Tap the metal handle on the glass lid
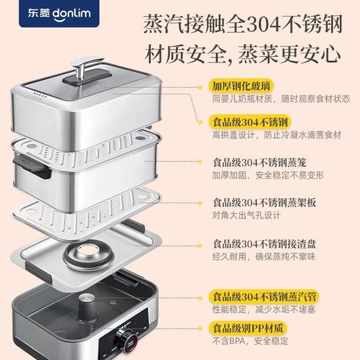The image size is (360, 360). point(96,73)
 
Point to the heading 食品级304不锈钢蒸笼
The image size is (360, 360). point(262,163)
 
